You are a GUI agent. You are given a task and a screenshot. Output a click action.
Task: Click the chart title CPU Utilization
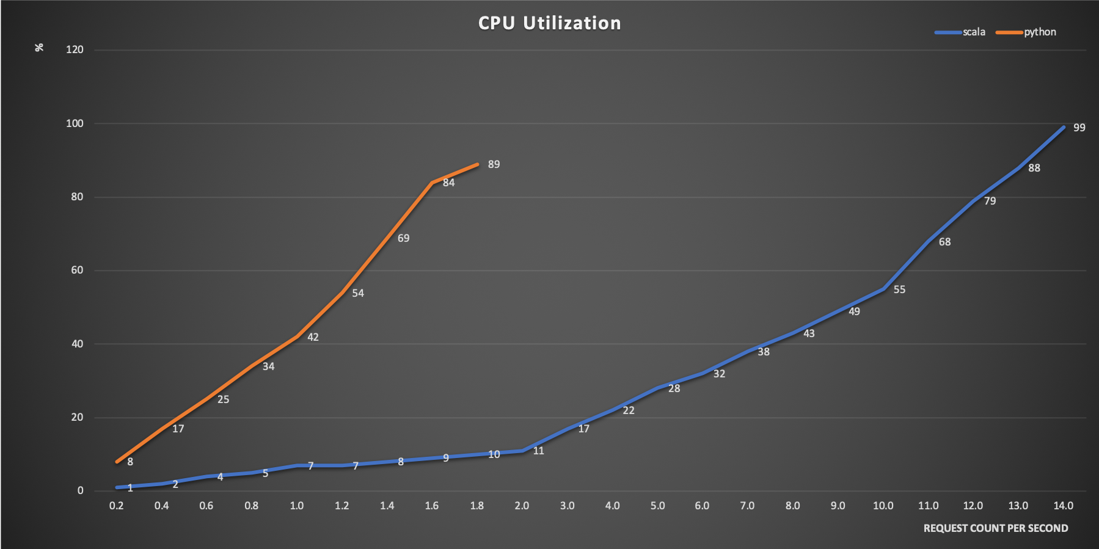coord(549,23)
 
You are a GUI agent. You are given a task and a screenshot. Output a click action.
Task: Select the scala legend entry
coord(973,32)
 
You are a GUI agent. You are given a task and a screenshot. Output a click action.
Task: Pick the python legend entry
coord(1040,32)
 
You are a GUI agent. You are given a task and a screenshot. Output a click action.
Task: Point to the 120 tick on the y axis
coord(75,50)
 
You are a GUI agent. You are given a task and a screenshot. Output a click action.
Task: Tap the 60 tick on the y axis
coord(77,271)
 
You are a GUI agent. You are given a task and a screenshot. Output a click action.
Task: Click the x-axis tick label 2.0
coord(522,506)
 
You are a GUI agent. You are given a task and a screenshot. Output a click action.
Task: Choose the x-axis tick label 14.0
coord(1063,506)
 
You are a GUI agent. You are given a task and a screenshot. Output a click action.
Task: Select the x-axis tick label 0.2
coord(116,506)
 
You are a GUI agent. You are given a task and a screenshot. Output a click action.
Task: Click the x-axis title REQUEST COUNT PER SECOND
coord(995,528)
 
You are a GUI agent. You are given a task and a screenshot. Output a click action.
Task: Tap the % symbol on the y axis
coord(39,47)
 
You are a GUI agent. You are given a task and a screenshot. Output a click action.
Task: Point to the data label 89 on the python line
coord(494,164)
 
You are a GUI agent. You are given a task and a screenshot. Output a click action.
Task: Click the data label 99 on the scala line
coord(1079,128)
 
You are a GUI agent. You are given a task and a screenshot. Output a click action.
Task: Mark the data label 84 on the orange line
coord(448,183)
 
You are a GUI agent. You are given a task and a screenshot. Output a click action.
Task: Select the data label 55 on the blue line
coord(899,289)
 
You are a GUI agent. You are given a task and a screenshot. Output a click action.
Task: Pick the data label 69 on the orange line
coord(403,238)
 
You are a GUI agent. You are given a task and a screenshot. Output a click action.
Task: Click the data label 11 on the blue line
coord(538,451)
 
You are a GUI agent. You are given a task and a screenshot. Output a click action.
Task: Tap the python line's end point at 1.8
coord(478,164)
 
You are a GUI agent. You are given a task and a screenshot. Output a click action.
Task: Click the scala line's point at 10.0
coord(883,289)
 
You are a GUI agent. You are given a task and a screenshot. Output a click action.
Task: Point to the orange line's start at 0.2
coord(117,462)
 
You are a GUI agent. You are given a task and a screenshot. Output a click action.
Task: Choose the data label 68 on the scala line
coord(944,242)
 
